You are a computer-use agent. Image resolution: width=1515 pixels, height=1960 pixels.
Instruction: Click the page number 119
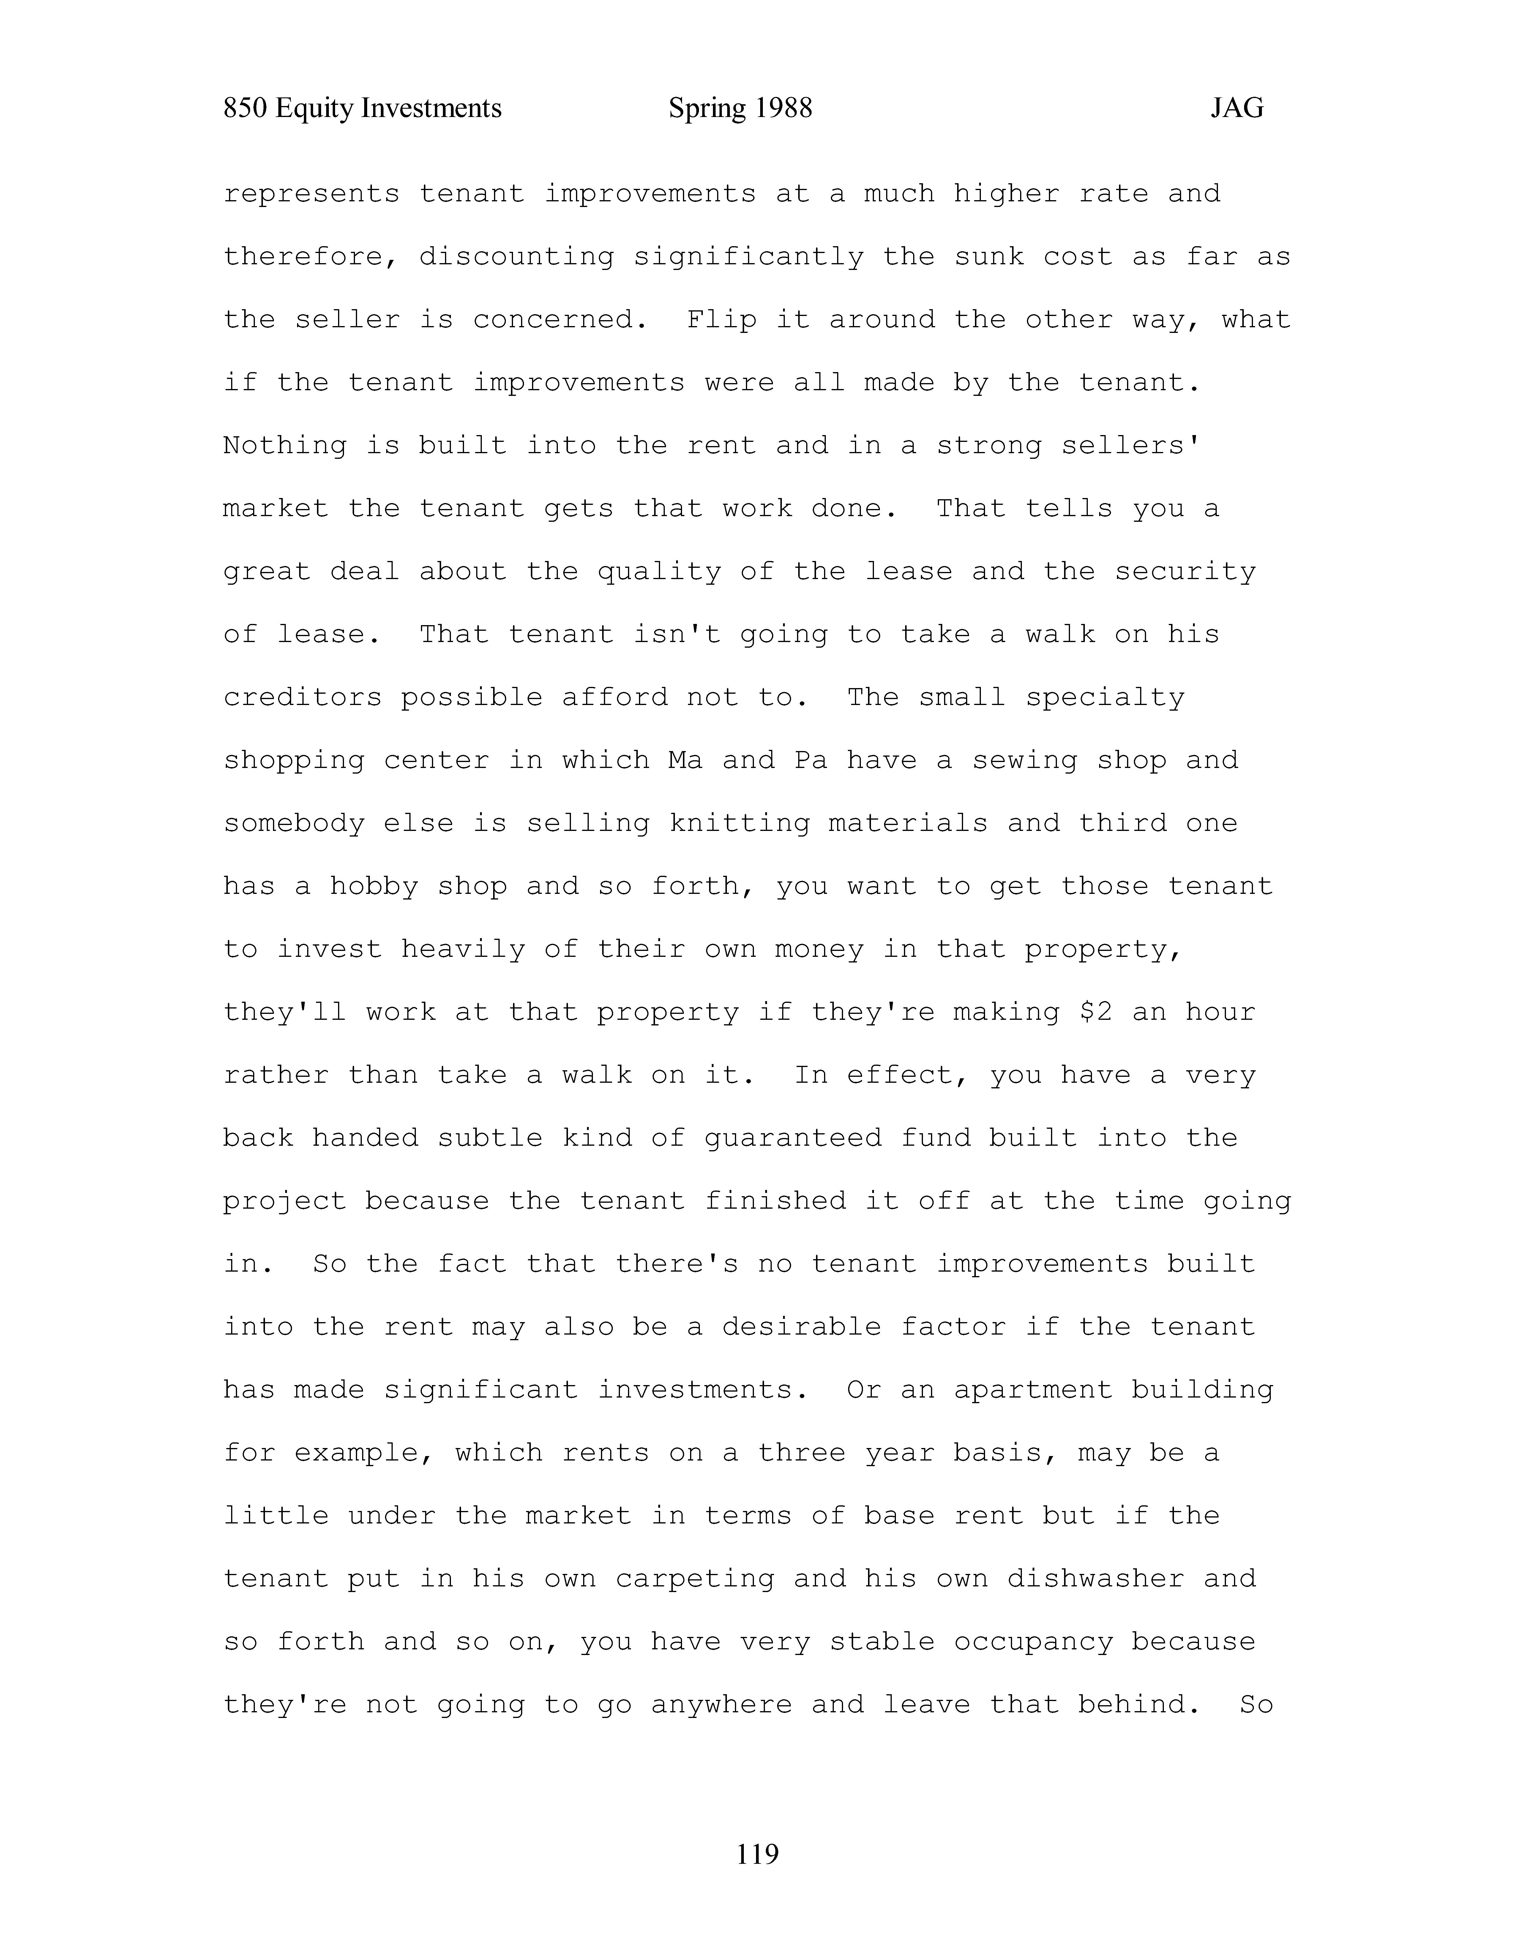click(x=757, y=1853)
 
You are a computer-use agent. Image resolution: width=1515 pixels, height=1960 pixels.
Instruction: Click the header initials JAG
click(x=1237, y=109)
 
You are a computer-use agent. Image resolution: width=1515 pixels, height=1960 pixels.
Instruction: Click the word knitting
click(x=740, y=824)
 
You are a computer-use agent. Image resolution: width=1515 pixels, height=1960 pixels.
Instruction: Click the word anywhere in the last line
click(x=722, y=1704)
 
